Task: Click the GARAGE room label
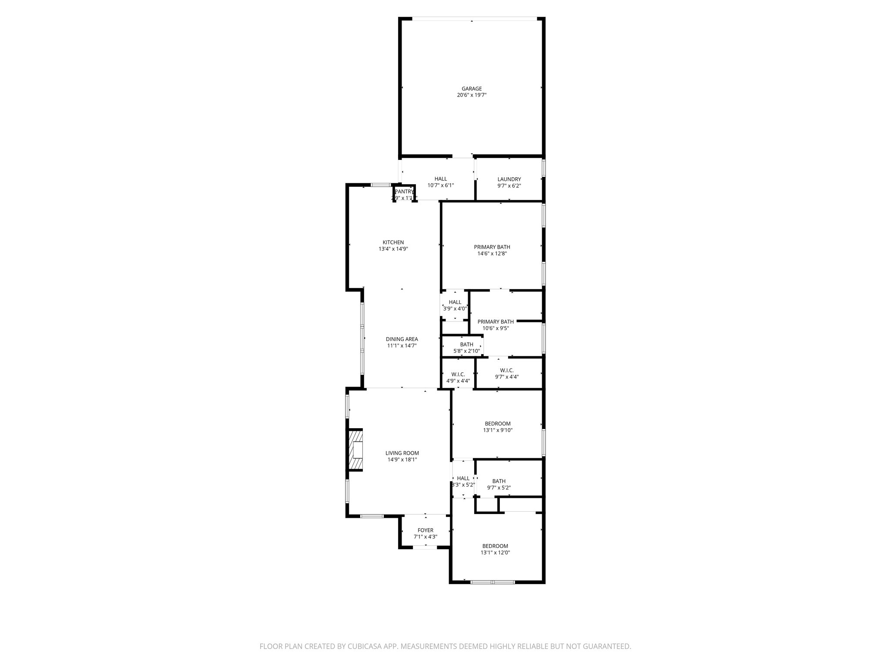(x=472, y=89)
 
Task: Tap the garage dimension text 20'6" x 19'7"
(x=472, y=95)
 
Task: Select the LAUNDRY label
(x=509, y=179)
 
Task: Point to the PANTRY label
(x=404, y=192)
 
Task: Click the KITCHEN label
(x=393, y=243)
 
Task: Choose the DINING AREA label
(x=402, y=339)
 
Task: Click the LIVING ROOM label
(x=402, y=453)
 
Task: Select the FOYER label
(x=425, y=530)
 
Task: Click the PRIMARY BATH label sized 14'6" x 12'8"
(x=492, y=247)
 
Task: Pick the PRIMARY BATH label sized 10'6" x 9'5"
(x=496, y=322)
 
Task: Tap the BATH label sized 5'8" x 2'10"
(x=466, y=345)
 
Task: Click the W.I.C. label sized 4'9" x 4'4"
(x=458, y=375)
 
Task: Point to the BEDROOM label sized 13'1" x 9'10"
(x=498, y=424)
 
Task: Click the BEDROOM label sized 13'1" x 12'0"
(x=495, y=546)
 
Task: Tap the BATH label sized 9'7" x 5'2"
(x=499, y=481)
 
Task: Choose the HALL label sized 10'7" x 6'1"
(x=441, y=179)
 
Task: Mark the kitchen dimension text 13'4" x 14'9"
(x=393, y=249)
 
